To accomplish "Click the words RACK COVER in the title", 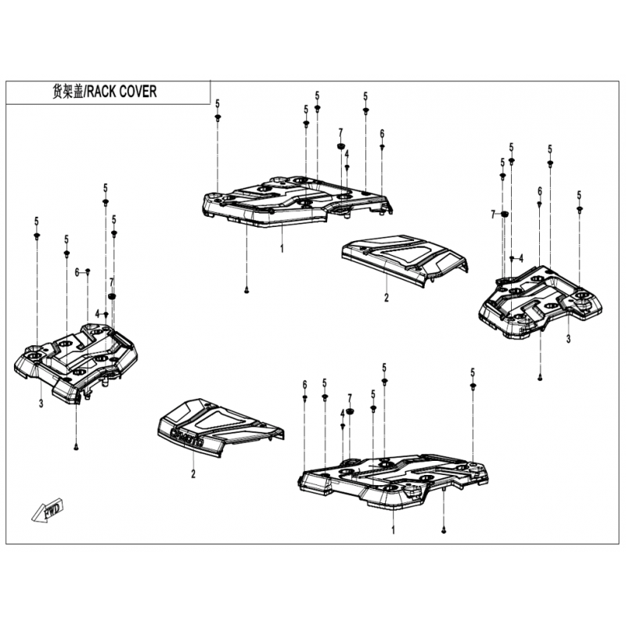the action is click(122, 92).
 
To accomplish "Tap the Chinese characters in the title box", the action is click(67, 92).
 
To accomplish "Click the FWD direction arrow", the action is click(48, 510).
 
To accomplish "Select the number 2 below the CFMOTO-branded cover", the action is click(193, 474).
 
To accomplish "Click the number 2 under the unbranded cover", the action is click(386, 297).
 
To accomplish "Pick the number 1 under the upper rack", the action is click(282, 248).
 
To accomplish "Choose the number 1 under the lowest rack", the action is click(394, 531).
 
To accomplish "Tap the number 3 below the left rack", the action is click(41, 404).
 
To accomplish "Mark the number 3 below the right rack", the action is click(568, 339).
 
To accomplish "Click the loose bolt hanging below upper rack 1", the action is click(246, 290).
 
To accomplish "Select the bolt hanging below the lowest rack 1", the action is click(444, 531).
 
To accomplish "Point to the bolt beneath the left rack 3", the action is click(76, 448).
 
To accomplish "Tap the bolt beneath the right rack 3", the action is click(540, 378).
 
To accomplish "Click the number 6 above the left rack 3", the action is click(77, 272).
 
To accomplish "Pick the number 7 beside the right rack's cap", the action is click(493, 214).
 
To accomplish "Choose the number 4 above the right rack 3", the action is click(520, 258).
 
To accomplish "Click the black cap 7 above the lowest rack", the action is click(350, 412).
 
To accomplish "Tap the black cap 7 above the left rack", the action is click(112, 297).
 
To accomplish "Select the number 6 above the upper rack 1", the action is click(382, 134).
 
